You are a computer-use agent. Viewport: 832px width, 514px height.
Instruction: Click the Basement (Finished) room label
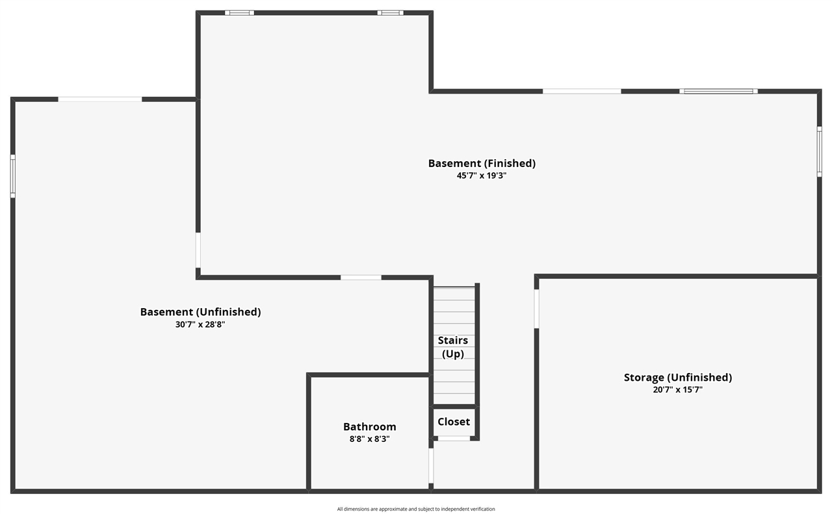point(482,163)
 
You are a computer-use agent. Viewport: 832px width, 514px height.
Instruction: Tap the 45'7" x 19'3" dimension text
point(482,175)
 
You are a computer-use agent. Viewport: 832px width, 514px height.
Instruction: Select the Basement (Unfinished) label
point(200,312)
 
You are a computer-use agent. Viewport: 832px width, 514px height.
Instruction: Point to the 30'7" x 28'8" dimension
point(200,325)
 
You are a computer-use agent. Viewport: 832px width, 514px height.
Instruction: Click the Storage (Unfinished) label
point(678,378)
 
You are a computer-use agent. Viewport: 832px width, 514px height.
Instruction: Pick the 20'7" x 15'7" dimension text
point(678,390)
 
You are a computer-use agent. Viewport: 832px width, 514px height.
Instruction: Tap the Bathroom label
point(370,426)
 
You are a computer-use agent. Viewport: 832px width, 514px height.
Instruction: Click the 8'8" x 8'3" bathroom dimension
point(370,439)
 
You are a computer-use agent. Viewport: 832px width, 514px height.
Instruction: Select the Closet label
point(454,422)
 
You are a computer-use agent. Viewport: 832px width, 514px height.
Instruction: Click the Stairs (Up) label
point(453,347)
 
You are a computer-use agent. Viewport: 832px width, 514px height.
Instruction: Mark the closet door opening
point(454,439)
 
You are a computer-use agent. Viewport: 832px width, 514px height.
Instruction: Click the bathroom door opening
point(431,466)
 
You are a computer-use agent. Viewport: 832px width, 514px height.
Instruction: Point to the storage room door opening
point(536,309)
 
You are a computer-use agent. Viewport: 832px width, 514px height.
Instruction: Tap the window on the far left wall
point(12,176)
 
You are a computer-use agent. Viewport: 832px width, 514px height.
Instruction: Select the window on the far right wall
point(819,151)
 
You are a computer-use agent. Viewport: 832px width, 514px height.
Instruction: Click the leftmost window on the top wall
point(240,13)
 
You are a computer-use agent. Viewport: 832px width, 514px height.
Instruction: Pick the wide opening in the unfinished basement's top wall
point(100,99)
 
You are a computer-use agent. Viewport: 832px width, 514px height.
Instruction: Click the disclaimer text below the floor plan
point(416,509)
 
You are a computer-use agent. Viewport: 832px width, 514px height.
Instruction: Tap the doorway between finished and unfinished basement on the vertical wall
point(198,250)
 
